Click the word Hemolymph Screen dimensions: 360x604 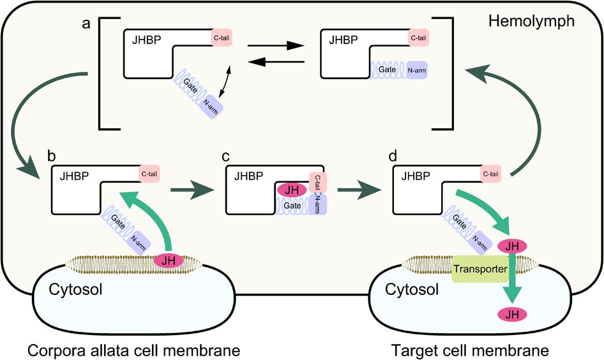pos(531,22)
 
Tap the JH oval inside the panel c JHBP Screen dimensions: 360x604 pos(292,190)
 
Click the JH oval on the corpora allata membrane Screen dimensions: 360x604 pos(169,260)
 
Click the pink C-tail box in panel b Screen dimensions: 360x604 pos(149,174)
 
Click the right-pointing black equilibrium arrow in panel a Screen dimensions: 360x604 pos(274,46)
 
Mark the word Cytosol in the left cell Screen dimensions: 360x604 pos(75,290)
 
